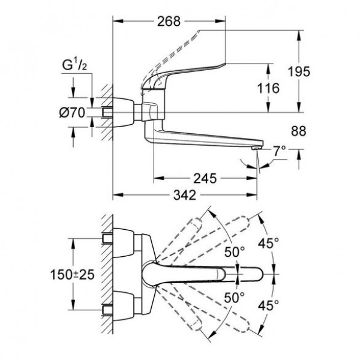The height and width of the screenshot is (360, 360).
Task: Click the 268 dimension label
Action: point(169,22)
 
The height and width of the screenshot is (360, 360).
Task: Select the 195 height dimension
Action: point(299,71)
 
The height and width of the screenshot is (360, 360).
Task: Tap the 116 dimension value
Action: point(268,88)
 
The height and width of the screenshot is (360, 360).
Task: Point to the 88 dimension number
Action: point(298,131)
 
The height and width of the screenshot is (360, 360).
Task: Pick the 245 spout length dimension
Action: point(205,178)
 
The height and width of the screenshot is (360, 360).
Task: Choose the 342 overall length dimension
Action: point(185,195)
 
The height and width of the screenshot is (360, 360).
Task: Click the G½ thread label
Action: point(74,65)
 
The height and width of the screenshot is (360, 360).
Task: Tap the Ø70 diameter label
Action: point(72,113)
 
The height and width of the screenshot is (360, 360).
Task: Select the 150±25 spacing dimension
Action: point(72,274)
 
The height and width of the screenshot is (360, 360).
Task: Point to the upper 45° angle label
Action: point(268,243)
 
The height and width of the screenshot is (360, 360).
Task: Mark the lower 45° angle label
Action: point(268,305)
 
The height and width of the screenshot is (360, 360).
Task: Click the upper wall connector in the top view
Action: point(123,242)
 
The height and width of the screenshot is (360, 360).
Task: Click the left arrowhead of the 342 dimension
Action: point(118,195)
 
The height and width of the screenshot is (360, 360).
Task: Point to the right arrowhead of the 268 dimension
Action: point(220,21)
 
